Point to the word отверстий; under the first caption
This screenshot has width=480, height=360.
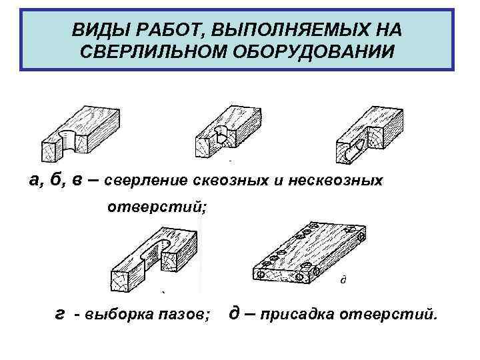[x=158, y=208]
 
